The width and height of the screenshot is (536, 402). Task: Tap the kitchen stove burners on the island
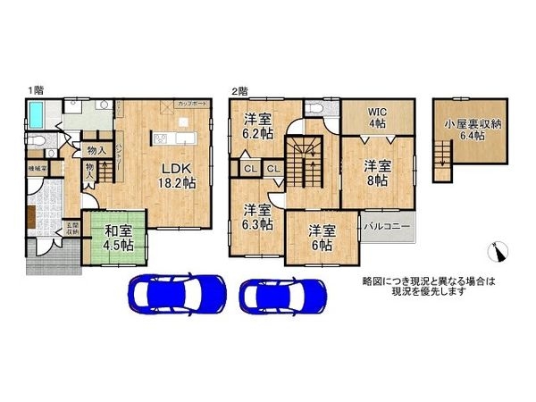point(161,138)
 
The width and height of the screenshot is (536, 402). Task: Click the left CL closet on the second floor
point(250,167)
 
